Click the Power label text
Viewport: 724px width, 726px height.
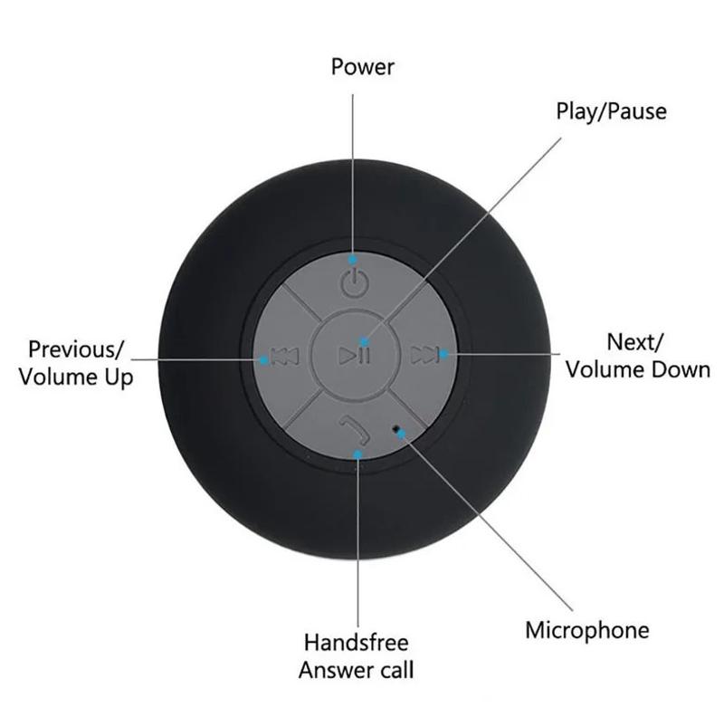point(363,67)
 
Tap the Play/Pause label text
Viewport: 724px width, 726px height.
point(611,111)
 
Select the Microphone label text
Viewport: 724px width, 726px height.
point(587,631)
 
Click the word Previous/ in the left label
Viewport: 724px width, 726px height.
point(76,349)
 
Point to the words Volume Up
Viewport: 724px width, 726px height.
point(76,377)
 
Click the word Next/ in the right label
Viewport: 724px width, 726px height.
point(635,342)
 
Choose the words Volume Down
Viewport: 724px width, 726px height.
point(638,370)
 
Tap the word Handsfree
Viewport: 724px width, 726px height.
point(356,642)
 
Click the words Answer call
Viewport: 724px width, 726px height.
point(356,670)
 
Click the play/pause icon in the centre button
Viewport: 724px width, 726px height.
point(354,355)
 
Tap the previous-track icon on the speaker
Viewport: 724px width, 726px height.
point(285,357)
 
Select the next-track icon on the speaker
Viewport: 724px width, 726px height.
point(424,355)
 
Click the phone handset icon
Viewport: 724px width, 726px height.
point(354,430)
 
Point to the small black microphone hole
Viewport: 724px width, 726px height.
point(395,428)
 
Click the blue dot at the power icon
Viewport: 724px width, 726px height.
point(353,260)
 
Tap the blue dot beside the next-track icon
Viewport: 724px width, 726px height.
point(443,354)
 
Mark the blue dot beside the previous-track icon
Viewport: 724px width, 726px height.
point(264,359)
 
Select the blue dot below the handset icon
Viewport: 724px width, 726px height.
point(357,454)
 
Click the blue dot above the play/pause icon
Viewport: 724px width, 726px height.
point(365,342)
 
